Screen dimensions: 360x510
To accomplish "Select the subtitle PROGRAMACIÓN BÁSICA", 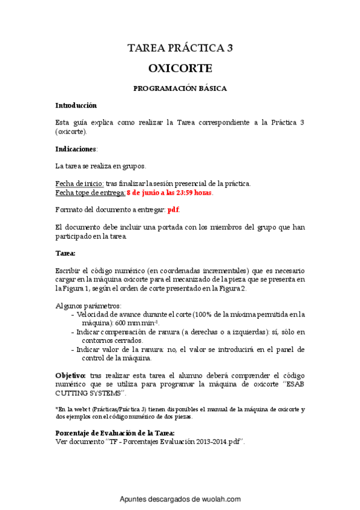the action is (180, 88).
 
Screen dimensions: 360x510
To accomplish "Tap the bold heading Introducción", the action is (76, 105).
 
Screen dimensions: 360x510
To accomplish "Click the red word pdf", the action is (173, 210).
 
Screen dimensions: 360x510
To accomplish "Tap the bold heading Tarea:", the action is (65, 253).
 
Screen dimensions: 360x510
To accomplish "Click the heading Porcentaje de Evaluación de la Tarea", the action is (115, 433).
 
